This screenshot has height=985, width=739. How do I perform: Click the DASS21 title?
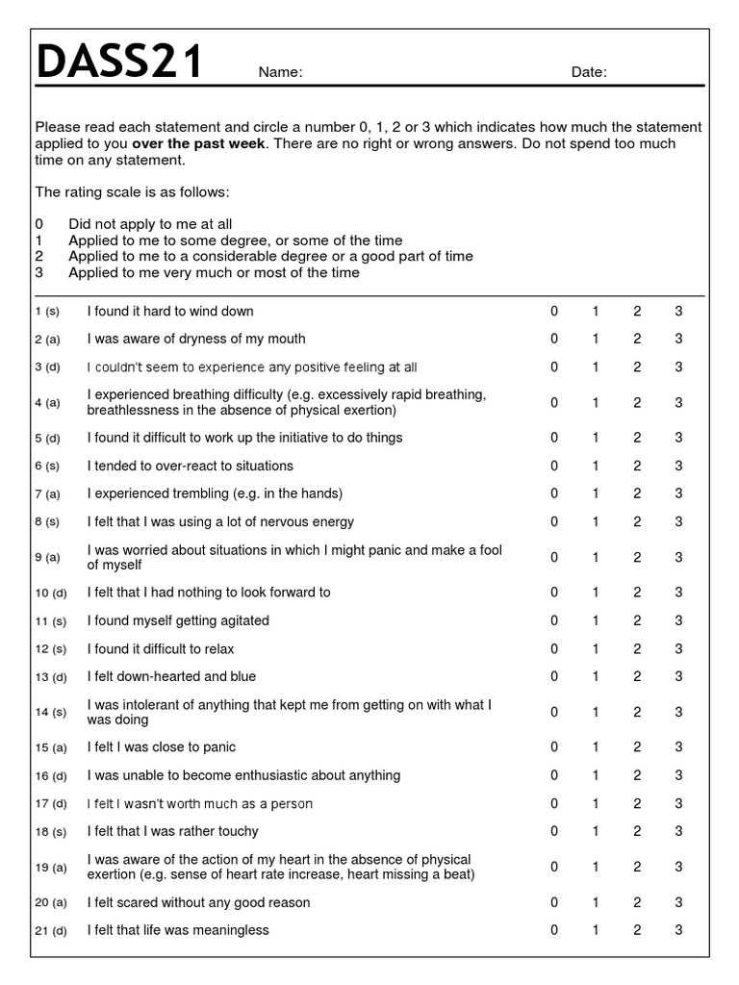click(119, 63)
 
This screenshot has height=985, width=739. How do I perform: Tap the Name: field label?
click(281, 72)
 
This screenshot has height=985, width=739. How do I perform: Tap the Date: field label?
click(589, 72)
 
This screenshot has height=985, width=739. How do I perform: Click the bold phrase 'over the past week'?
click(204, 143)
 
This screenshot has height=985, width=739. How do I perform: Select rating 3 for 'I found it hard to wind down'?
click(678, 311)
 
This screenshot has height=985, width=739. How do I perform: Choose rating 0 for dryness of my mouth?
click(554, 339)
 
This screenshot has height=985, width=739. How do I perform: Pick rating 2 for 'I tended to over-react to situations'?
click(637, 466)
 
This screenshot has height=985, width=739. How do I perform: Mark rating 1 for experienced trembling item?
click(596, 493)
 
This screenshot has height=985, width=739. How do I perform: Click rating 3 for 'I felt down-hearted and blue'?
click(678, 676)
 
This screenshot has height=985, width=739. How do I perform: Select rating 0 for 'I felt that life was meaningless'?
click(554, 930)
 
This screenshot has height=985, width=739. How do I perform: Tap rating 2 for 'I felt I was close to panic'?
click(637, 746)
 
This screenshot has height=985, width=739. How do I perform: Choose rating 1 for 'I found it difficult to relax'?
click(596, 648)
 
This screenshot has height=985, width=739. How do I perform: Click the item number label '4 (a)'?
click(47, 403)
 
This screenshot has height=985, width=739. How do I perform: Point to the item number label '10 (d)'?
click(51, 593)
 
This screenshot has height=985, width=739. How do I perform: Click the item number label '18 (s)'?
click(51, 832)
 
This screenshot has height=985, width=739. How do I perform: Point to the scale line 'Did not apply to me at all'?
click(150, 224)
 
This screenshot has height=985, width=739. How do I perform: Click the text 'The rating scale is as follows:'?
click(132, 191)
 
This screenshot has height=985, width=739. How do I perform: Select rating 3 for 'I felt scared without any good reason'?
click(678, 902)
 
